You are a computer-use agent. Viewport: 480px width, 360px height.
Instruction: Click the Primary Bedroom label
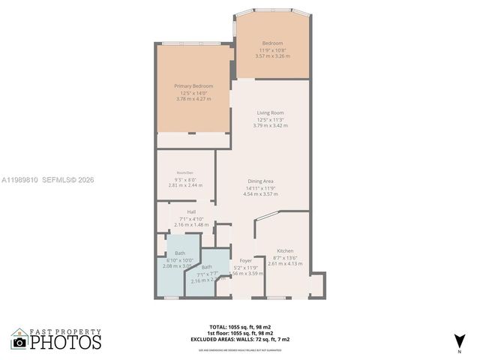click(x=193, y=86)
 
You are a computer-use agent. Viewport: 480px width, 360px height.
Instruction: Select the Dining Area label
click(x=260, y=181)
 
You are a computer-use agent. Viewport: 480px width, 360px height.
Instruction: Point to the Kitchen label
click(x=285, y=250)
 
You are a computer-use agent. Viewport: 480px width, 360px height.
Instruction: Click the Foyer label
click(x=245, y=261)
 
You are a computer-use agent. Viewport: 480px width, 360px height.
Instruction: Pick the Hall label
click(x=181, y=212)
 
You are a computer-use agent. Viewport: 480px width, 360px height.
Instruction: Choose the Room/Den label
click(x=184, y=173)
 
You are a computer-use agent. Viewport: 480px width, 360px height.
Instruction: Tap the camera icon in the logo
click(x=19, y=343)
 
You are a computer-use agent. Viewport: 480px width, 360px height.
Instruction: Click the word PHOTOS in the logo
click(x=65, y=342)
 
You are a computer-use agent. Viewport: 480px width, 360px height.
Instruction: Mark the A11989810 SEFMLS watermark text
click(x=48, y=180)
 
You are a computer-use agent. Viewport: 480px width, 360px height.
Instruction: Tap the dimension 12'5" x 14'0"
click(x=193, y=93)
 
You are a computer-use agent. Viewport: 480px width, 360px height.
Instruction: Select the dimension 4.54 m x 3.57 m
click(x=260, y=194)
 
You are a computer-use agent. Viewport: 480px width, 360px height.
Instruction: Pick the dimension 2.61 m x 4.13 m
click(x=285, y=263)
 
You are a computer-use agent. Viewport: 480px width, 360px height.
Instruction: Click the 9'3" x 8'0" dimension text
click(x=184, y=179)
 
